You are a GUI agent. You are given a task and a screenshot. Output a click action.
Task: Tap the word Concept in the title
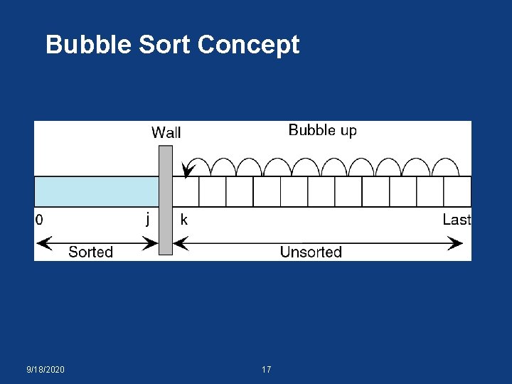click(249, 46)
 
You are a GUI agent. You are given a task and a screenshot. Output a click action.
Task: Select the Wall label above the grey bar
click(166, 132)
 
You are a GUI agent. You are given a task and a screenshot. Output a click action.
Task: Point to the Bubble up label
click(323, 130)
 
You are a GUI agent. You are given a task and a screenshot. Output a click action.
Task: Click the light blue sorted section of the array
click(96, 191)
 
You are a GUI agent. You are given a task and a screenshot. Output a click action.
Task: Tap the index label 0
click(39, 220)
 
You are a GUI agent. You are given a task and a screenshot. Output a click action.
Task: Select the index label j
click(147, 219)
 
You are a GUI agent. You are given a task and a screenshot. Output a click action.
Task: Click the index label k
click(184, 220)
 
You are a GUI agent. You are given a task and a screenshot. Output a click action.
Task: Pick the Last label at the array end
click(457, 220)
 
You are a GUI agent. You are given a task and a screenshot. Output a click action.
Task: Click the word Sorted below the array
click(90, 252)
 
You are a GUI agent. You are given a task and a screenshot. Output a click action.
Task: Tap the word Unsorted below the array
click(311, 252)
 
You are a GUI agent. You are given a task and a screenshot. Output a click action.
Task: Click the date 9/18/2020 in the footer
click(46, 370)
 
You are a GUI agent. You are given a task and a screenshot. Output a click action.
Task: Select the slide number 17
click(267, 370)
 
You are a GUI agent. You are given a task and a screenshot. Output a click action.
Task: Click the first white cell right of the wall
click(186, 191)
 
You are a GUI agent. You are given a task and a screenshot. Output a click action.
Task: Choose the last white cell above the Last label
click(457, 191)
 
